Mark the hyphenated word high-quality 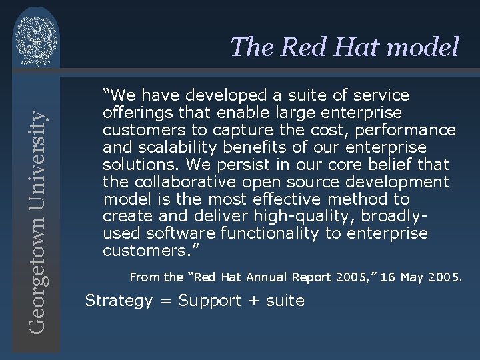pos(294,216)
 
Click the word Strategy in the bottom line pos(119,301)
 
